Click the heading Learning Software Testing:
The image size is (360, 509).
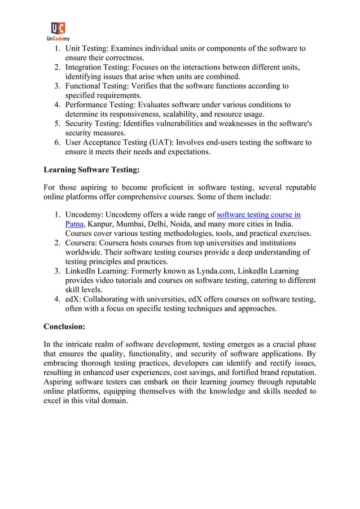[x=91, y=169]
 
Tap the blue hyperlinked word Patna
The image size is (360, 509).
[x=74, y=224]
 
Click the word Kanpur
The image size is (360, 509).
[x=103, y=224]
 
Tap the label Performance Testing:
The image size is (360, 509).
[x=103, y=105]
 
